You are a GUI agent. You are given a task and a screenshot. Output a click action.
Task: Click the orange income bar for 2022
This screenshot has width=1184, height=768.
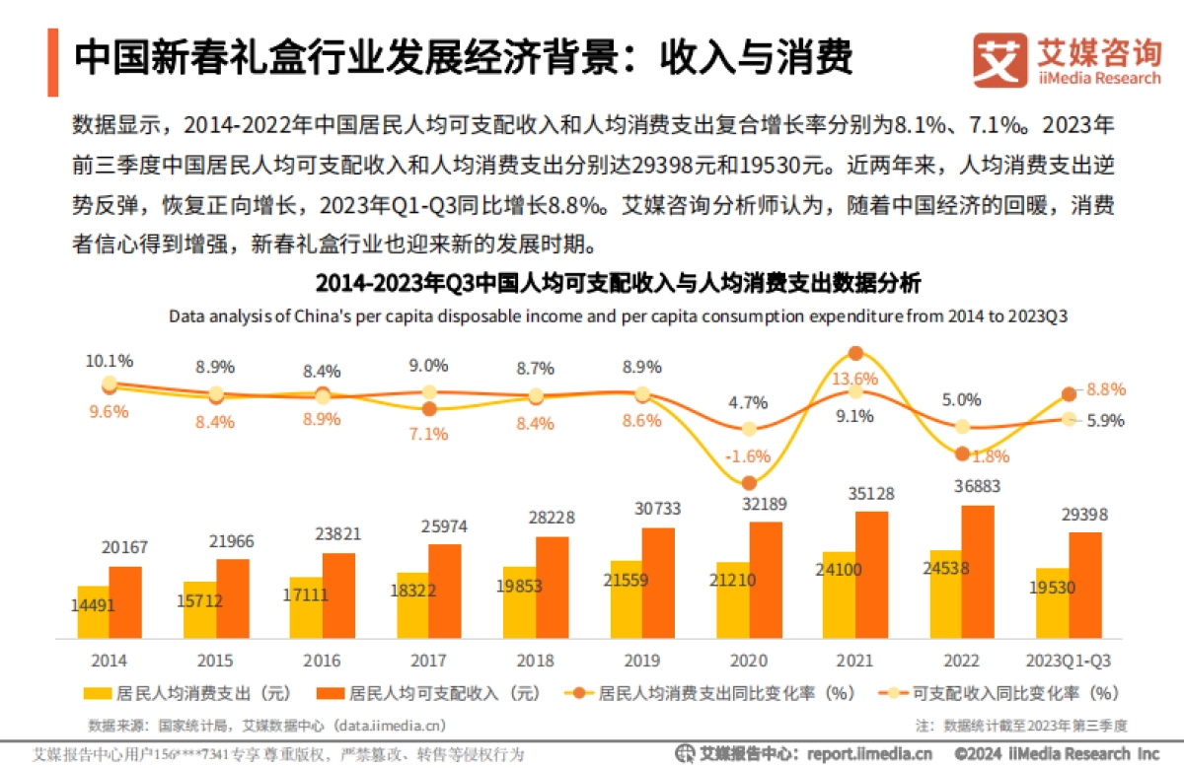click(x=977, y=572)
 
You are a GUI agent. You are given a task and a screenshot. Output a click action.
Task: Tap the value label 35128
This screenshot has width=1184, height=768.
click(x=871, y=493)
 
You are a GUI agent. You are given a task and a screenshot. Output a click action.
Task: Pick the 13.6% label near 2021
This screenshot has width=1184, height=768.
click(x=855, y=378)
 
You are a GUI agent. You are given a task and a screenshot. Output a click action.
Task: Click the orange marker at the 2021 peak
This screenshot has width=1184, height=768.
click(x=855, y=353)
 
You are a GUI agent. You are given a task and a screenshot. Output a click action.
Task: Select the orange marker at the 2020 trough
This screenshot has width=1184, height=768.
click(x=749, y=483)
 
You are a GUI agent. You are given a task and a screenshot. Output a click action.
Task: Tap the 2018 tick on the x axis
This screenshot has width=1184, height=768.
click(x=536, y=660)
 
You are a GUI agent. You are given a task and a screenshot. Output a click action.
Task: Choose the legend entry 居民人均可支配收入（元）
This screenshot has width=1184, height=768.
click(x=423, y=693)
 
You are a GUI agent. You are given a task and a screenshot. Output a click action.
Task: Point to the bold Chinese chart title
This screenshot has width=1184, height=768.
click(x=618, y=284)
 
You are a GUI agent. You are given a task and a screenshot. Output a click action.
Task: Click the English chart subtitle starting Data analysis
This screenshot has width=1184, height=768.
click(x=618, y=316)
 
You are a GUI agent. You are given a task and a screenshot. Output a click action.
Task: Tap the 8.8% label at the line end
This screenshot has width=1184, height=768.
click(x=1106, y=389)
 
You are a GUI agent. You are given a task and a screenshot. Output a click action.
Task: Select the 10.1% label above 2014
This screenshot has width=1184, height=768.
click(x=110, y=361)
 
